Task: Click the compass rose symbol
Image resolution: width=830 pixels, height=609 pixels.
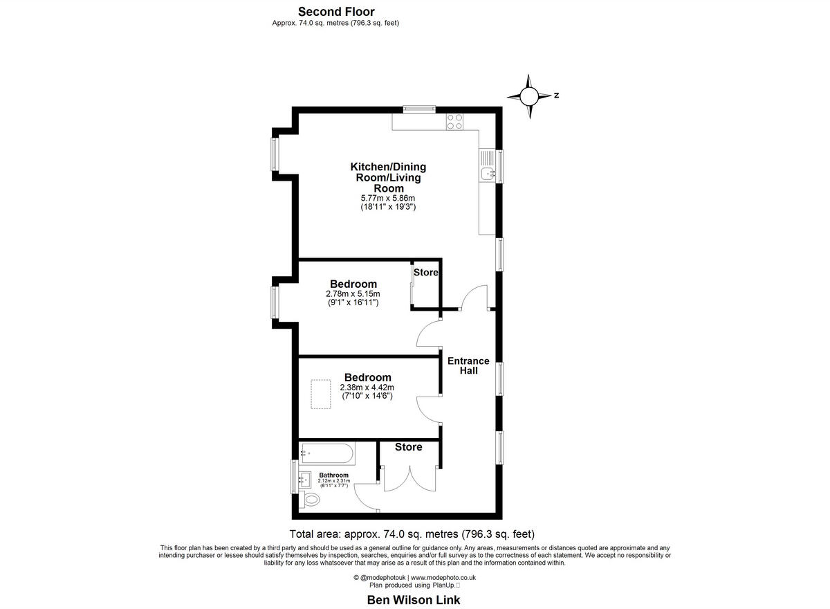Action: pyautogui.click(x=530, y=96)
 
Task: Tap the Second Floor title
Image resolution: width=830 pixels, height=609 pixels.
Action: pyautogui.click(x=335, y=11)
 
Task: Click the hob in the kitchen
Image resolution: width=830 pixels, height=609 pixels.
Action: pyautogui.click(x=455, y=122)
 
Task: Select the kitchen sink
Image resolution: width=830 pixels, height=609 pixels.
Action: pyautogui.click(x=487, y=173)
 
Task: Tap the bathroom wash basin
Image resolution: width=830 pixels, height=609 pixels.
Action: pyautogui.click(x=304, y=478)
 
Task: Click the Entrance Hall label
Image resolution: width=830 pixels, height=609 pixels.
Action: pyautogui.click(x=468, y=365)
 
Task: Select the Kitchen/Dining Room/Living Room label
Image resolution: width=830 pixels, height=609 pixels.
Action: pyautogui.click(x=388, y=177)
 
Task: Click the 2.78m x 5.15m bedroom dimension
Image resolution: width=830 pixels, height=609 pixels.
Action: pyautogui.click(x=353, y=294)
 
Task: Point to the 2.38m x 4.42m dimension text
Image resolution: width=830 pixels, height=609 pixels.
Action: pyautogui.click(x=367, y=388)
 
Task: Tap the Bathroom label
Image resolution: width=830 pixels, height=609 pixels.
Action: pyautogui.click(x=333, y=475)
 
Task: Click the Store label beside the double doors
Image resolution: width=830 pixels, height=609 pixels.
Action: pyautogui.click(x=408, y=447)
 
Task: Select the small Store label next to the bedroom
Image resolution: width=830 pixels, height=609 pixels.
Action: pyautogui.click(x=426, y=272)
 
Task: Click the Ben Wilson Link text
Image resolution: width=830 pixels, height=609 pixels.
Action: pyautogui.click(x=413, y=600)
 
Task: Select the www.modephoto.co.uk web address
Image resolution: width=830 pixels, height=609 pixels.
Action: pyautogui.click(x=443, y=577)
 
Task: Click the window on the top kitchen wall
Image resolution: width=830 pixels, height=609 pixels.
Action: pyautogui.click(x=420, y=108)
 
